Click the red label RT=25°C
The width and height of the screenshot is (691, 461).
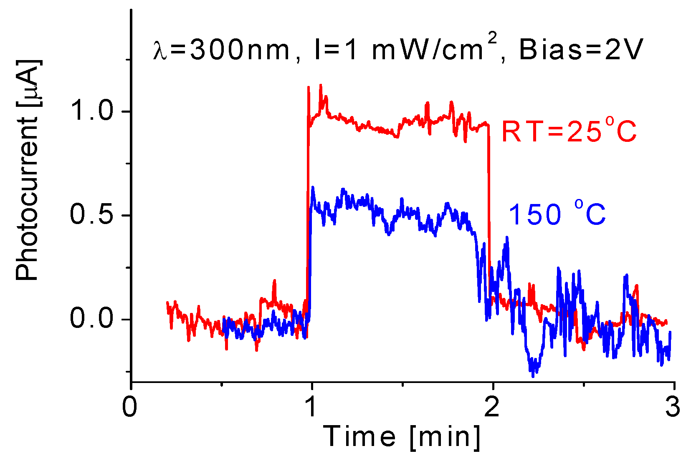coord(569,131)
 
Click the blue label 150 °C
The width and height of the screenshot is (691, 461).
coord(557,214)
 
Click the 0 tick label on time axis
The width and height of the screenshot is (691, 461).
coord(130,407)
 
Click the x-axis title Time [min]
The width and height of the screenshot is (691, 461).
coord(402,437)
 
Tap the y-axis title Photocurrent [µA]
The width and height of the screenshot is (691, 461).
coord(28,170)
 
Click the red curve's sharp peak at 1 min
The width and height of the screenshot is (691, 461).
coord(309,87)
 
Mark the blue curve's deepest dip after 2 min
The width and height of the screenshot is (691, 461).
coord(533,376)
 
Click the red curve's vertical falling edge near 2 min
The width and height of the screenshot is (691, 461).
coord(489,209)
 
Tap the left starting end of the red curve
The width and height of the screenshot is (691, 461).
coord(167,302)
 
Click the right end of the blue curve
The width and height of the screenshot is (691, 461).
coord(670,332)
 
